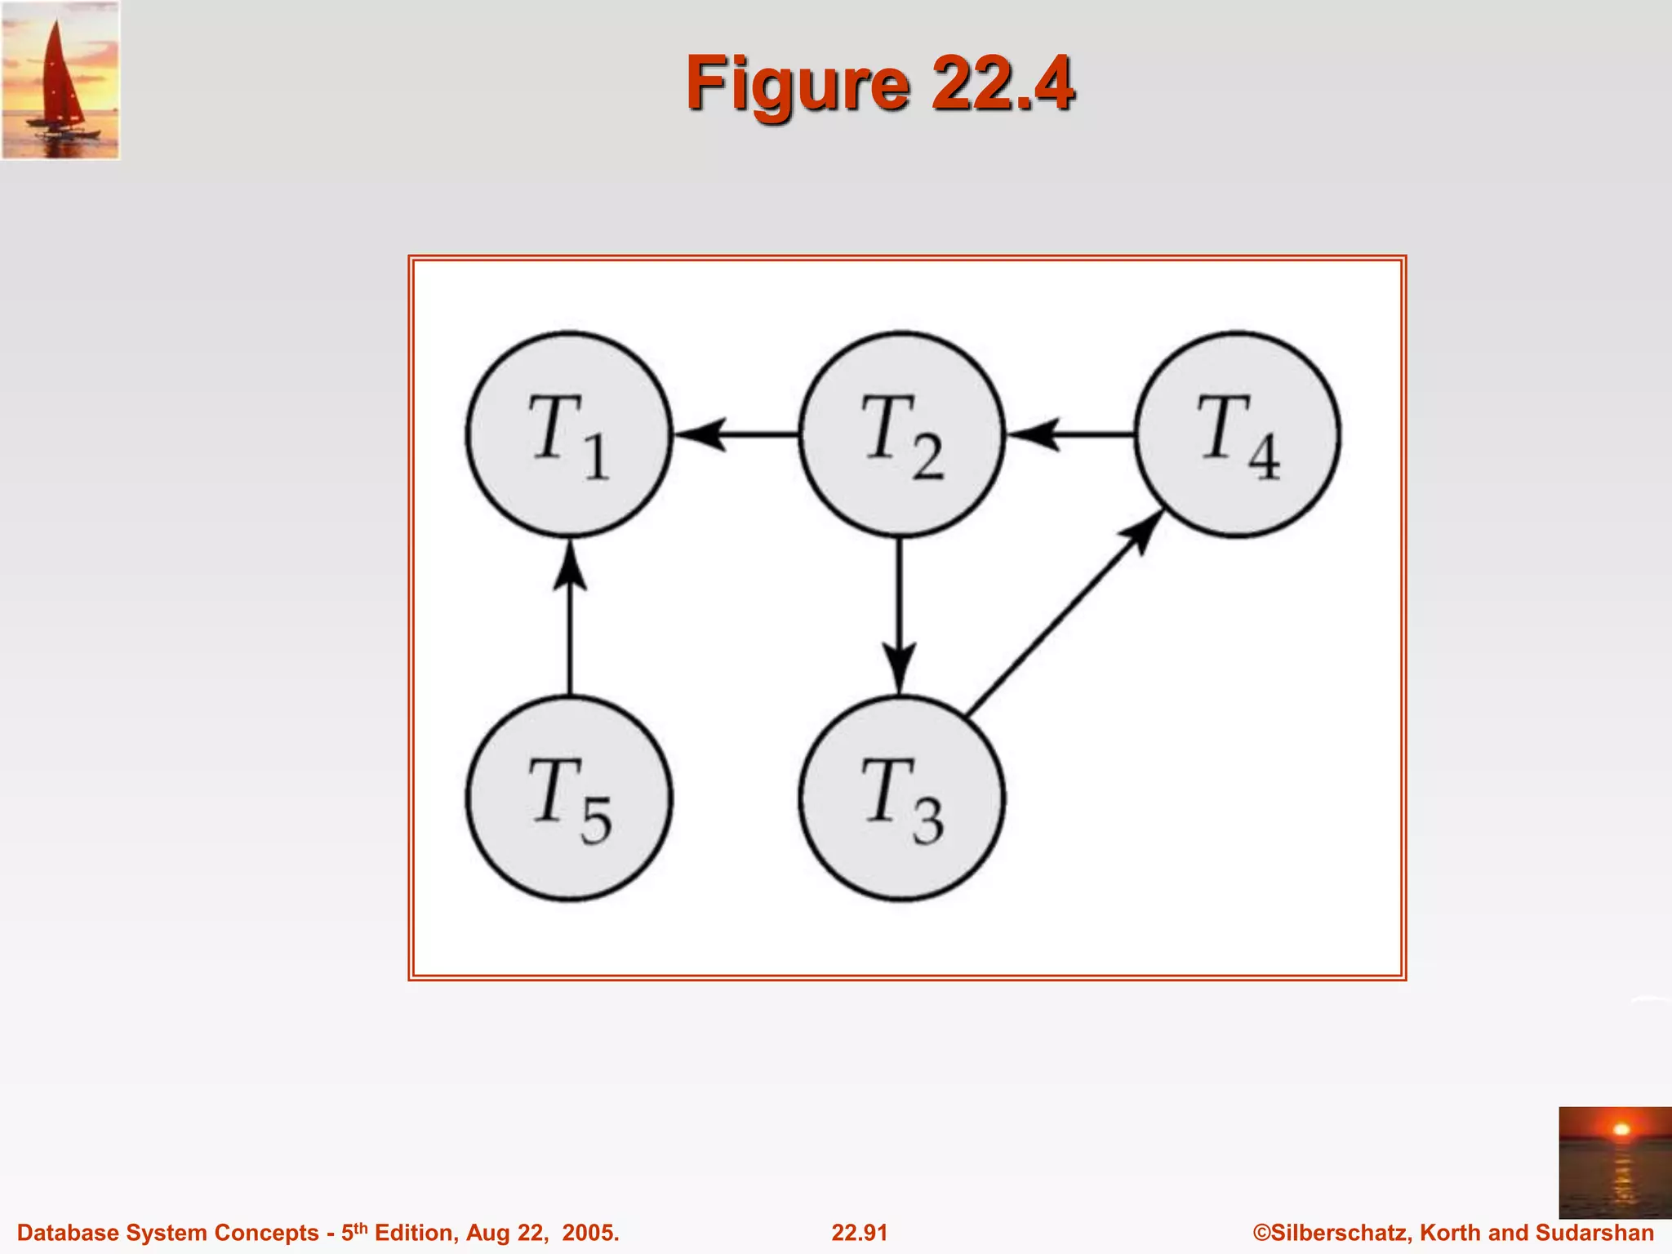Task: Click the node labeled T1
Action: pos(569,434)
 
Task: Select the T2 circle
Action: pos(901,434)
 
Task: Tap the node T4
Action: pos(1237,434)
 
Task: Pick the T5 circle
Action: pos(569,798)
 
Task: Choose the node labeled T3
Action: pos(901,798)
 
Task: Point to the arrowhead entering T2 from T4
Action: pos(1034,434)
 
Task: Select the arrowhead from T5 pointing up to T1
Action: pos(569,565)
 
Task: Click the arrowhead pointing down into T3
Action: pos(900,668)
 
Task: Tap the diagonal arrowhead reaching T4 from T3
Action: pos(1143,532)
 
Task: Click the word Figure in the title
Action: pos(797,85)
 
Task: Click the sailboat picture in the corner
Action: pos(60,80)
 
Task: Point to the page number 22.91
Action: pos(859,1233)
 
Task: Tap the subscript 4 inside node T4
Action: pos(1264,459)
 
